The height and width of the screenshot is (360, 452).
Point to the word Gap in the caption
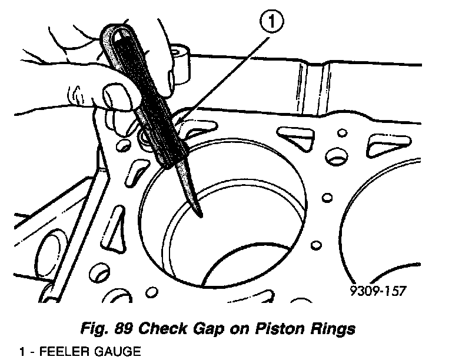(x=228, y=328)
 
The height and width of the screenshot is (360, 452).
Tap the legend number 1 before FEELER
(x=22, y=352)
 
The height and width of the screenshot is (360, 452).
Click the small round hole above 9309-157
(x=317, y=244)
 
